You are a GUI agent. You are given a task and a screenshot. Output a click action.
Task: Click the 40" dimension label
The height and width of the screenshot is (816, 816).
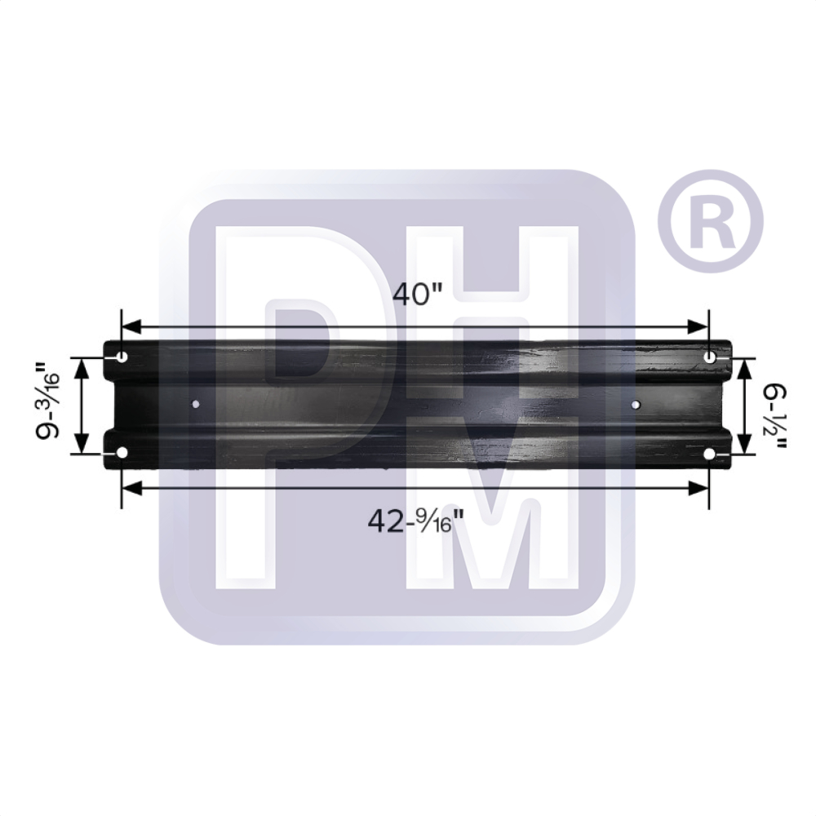tap(417, 295)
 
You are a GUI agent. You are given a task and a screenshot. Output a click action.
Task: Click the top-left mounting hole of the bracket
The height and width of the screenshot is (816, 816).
tap(122, 357)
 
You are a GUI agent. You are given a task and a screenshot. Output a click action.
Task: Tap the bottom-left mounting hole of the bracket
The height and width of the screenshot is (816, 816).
tap(122, 453)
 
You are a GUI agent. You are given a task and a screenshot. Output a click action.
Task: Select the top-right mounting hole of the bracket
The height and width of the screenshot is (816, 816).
tap(710, 357)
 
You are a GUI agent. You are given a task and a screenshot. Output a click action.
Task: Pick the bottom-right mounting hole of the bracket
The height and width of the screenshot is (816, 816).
tap(709, 454)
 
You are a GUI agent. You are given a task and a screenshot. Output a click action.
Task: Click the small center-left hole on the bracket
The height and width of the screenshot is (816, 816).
tap(196, 404)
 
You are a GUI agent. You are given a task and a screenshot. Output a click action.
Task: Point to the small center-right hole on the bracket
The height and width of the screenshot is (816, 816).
tap(636, 404)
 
